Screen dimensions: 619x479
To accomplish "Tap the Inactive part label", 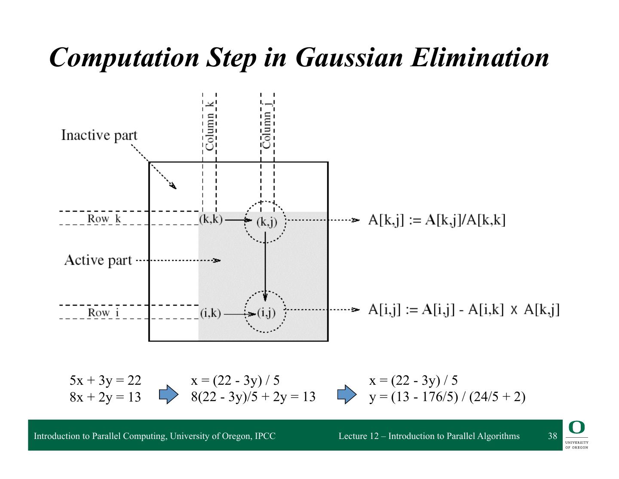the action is (x=99, y=135).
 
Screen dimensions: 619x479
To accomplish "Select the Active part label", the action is (x=98, y=260).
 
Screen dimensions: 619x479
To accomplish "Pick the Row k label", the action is (x=104, y=219).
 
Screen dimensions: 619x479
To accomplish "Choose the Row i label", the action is (x=103, y=312).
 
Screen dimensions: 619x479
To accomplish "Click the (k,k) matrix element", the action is (x=211, y=219).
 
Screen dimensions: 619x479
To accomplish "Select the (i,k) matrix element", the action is (x=211, y=313).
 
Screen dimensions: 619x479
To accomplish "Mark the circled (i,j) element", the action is (x=266, y=313).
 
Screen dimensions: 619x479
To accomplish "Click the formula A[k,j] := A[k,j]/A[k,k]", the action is (x=437, y=220).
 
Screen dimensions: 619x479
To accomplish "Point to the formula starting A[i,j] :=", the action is (x=463, y=309).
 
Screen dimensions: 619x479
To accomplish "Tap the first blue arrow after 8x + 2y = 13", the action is (x=169, y=394).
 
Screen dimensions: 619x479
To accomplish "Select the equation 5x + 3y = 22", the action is (x=105, y=380).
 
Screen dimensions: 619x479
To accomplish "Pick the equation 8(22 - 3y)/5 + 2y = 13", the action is (x=253, y=396).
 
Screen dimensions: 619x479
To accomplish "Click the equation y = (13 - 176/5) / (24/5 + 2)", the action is (x=447, y=396).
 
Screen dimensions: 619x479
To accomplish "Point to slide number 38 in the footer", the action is (x=552, y=436).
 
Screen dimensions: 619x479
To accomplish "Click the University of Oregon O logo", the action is (x=576, y=427).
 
